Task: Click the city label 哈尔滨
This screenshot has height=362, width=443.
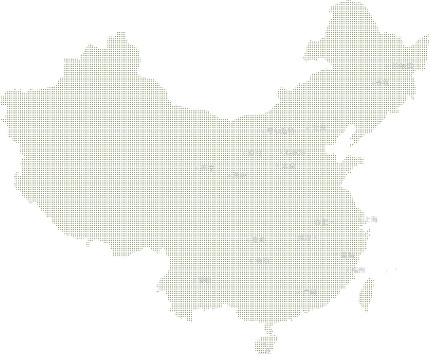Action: coord(402,66)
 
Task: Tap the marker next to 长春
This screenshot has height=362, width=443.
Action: coord(373,83)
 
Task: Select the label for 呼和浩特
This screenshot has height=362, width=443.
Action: coord(280,131)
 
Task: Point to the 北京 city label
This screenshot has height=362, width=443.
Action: coord(319,128)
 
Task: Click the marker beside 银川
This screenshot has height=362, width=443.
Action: coord(243,153)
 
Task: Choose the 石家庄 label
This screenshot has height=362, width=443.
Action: coord(295,152)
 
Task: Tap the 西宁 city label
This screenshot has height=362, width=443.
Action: coord(208,168)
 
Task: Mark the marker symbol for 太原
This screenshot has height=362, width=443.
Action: coord(277,165)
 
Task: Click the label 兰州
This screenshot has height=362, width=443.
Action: coord(240,175)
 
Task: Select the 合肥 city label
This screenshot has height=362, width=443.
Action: coord(321,222)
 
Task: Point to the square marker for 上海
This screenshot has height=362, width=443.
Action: coord(359,219)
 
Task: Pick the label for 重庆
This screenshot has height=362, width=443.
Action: coord(259,240)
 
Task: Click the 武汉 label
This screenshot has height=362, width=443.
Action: coord(304,238)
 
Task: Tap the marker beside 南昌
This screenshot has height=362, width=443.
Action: coord(335,254)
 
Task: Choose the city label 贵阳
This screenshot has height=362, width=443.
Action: coord(262,261)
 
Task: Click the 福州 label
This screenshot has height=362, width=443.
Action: coord(358,270)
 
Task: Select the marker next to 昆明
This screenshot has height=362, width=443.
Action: coord(194,280)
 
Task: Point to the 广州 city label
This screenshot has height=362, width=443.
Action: coord(310,292)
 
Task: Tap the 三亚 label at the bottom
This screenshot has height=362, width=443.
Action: coord(264,351)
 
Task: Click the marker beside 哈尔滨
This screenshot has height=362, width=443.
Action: coord(387,66)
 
